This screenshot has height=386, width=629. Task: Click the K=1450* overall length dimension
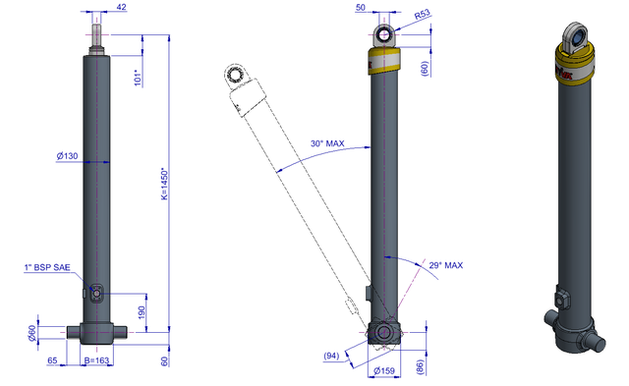pyautogui.click(x=164, y=184)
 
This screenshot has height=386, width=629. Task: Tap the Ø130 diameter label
pyautogui.click(x=67, y=156)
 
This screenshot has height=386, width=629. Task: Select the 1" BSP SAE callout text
pyautogui.click(x=47, y=267)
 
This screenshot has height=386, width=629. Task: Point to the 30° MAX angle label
pyautogui.click(x=327, y=143)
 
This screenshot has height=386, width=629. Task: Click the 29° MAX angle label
pyautogui.click(x=445, y=265)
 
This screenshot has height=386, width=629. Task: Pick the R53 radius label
pyautogui.click(x=422, y=15)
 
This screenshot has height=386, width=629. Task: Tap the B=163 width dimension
pyautogui.click(x=96, y=360)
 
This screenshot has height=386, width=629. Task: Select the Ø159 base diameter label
pyautogui.click(x=384, y=370)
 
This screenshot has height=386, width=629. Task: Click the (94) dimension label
pyautogui.click(x=331, y=356)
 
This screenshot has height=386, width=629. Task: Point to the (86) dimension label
pyautogui.click(x=420, y=367)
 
